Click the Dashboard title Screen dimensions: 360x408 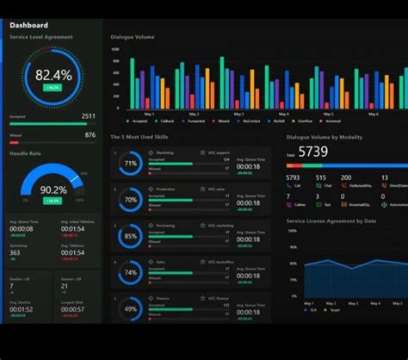point(29,25)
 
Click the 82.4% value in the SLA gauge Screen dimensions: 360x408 point(53,75)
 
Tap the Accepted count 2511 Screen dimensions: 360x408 point(89,115)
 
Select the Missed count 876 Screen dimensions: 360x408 point(90,134)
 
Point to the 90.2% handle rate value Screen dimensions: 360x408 point(53,189)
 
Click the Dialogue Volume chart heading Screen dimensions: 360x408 point(133,37)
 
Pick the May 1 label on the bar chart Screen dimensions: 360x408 point(148,114)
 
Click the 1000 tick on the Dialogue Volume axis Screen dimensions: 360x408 point(114,49)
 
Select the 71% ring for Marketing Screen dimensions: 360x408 point(131,163)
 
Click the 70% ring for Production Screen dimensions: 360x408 point(131,199)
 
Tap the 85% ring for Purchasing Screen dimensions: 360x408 point(131,235)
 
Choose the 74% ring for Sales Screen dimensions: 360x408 point(131,271)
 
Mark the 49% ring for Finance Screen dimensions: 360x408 point(131,307)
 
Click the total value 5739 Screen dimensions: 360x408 point(312,152)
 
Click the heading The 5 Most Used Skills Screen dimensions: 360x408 point(140,136)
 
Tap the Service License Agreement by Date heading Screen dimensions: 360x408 point(331,221)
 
